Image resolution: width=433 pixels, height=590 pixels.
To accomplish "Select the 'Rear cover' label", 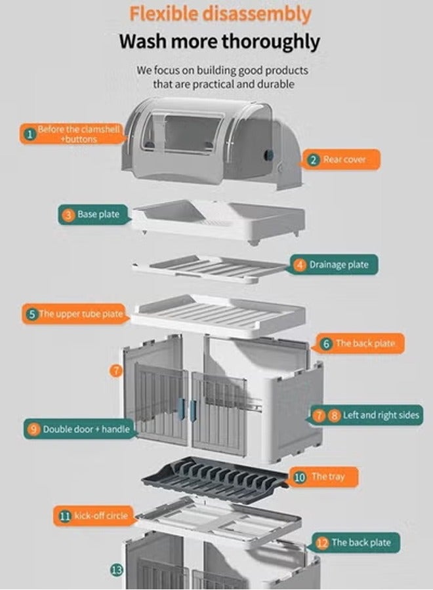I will pyautogui.click(x=344, y=159).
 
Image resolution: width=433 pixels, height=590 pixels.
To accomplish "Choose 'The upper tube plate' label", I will pyautogui.click(x=81, y=314).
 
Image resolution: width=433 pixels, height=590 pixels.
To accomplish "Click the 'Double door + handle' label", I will pyautogui.click(x=87, y=429).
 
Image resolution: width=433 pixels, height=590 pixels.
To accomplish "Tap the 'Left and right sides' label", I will pyautogui.click(x=381, y=415).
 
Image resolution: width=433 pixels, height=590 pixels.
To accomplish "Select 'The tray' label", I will pyautogui.click(x=327, y=477).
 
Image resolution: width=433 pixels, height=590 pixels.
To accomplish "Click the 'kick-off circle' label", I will pyautogui.click(x=100, y=516).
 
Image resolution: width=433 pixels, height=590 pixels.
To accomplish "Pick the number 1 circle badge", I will pyautogui.click(x=29, y=134).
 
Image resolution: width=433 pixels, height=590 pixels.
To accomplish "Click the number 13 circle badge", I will pyautogui.click(x=116, y=570).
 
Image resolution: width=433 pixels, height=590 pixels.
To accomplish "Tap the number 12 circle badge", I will pyautogui.click(x=322, y=543).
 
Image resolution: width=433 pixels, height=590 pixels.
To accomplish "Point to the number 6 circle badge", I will pyautogui.click(x=327, y=344).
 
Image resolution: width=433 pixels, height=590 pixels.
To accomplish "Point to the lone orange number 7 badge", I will pyautogui.click(x=116, y=370).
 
